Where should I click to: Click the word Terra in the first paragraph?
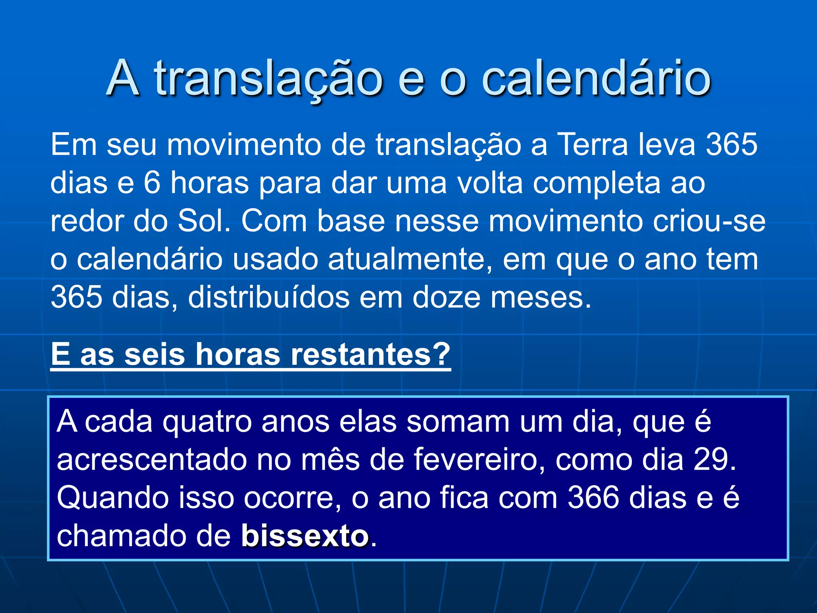593,144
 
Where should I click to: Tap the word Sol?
204,221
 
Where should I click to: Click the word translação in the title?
268,79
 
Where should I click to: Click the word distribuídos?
268,298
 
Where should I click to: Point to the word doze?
446,298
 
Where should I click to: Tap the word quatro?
207,422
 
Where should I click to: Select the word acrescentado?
152,459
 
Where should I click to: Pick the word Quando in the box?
113,498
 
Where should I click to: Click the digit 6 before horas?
152,183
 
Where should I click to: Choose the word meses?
541,298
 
